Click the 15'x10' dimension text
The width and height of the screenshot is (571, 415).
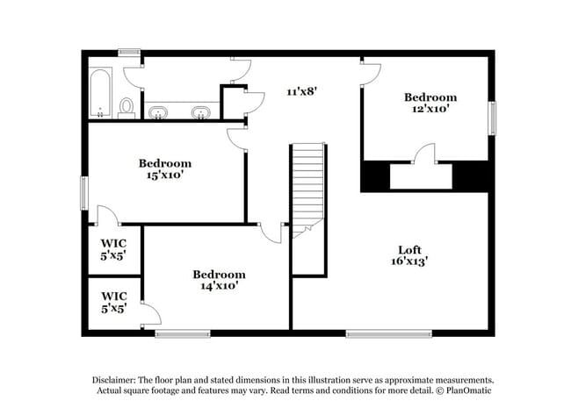pos(165,175)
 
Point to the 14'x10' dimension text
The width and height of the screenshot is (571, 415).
pos(218,285)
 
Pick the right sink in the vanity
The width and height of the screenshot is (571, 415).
pos(202,112)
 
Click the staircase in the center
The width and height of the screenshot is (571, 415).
pos(308,189)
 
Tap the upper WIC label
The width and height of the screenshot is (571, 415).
pos(114,243)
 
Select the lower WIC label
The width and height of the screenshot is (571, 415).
pos(114,297)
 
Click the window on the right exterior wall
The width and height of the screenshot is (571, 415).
pos(492,118)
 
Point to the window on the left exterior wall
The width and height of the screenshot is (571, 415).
pos(84,193)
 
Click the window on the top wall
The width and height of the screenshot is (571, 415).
pos(130,53)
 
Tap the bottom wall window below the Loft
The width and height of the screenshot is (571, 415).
pos(388,333)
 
